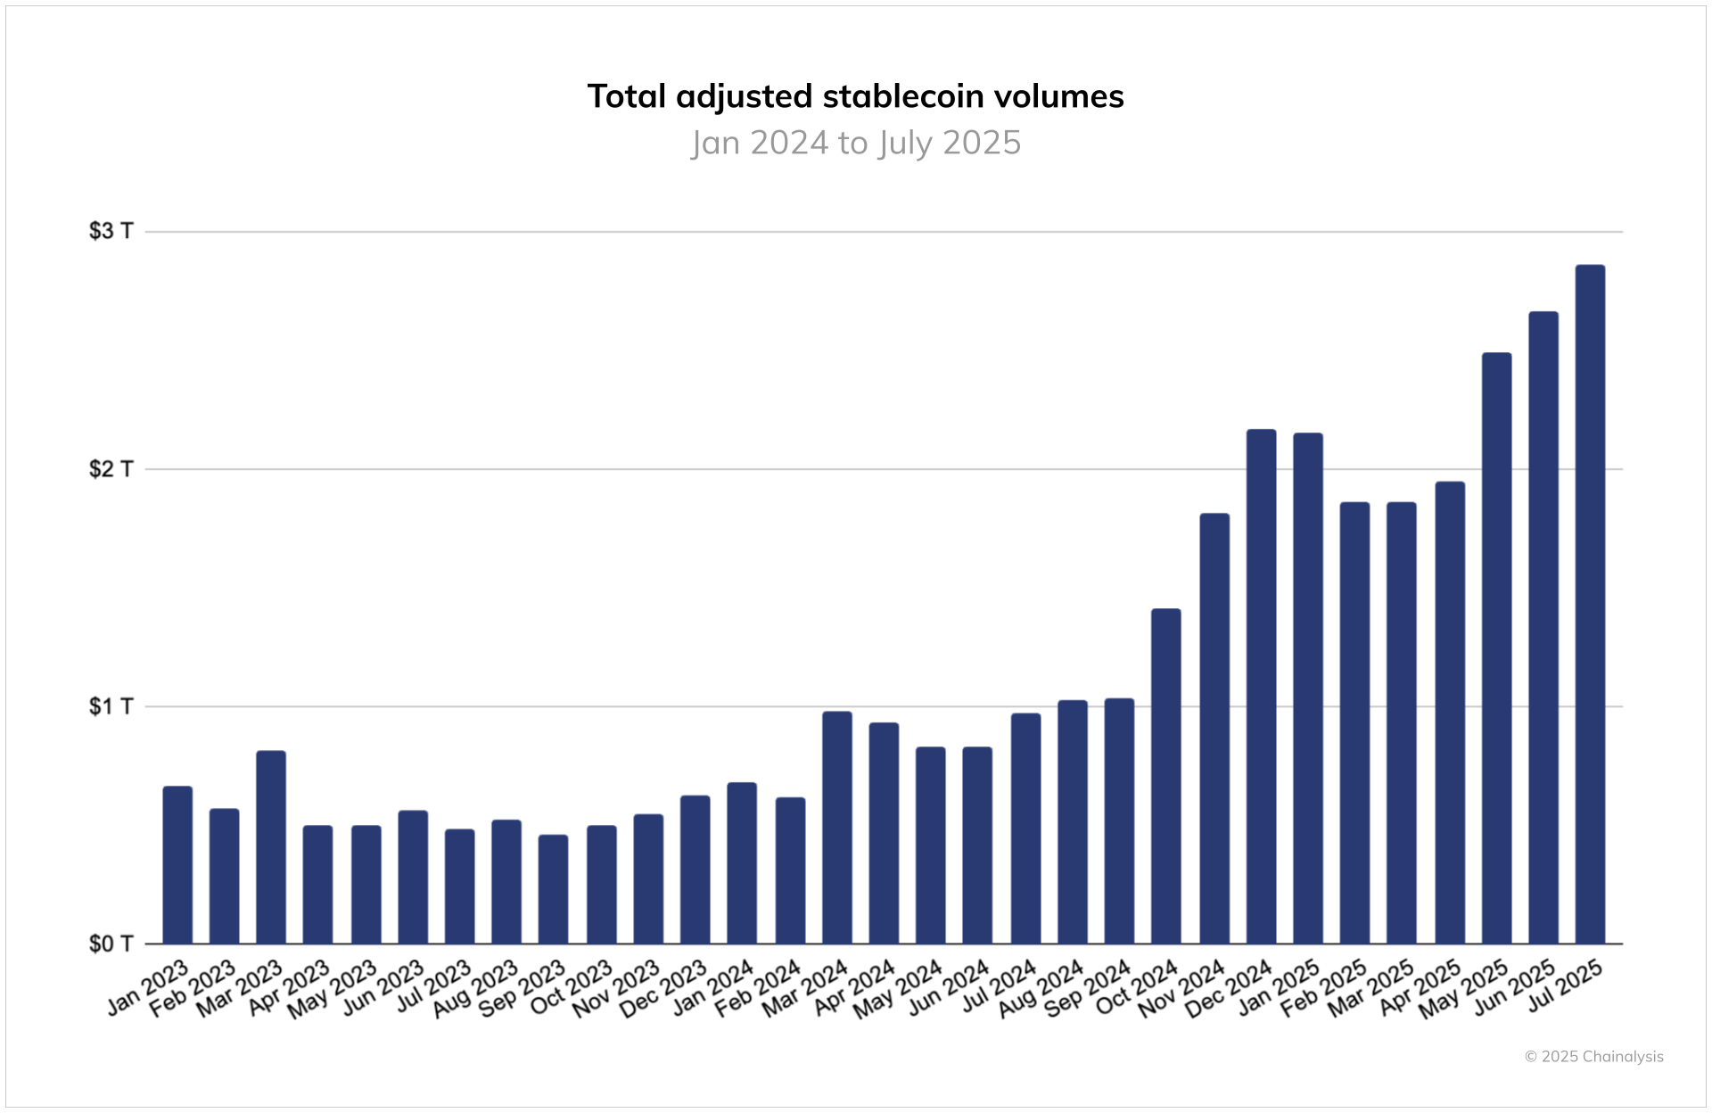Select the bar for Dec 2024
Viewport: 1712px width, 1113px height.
[1261, 687]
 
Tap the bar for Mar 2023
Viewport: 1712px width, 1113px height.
[271, 847]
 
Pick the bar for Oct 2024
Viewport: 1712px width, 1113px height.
[1165, 776]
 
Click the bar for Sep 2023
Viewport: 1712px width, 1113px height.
[553, 889]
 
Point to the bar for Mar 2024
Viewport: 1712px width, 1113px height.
[836, 828]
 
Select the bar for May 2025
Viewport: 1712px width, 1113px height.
[1496, 648]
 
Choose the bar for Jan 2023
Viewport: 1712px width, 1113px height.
[177, 865]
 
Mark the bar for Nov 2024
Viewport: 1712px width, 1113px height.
[1214, 729]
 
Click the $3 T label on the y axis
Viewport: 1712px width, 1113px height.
[111, 231]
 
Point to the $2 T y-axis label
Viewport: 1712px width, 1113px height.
[111, 469]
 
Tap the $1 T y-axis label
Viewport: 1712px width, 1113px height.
[111, 706]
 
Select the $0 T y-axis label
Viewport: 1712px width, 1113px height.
[111, 944]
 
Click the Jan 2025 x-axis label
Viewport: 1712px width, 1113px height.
[1280, 987]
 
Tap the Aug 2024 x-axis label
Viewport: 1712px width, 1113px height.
[1042, 988]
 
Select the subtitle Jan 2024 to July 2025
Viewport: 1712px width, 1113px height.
[856, 143]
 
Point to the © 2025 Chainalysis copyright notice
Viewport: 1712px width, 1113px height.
[1593, 1057]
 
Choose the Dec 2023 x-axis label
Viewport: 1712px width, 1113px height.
[665, 988]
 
